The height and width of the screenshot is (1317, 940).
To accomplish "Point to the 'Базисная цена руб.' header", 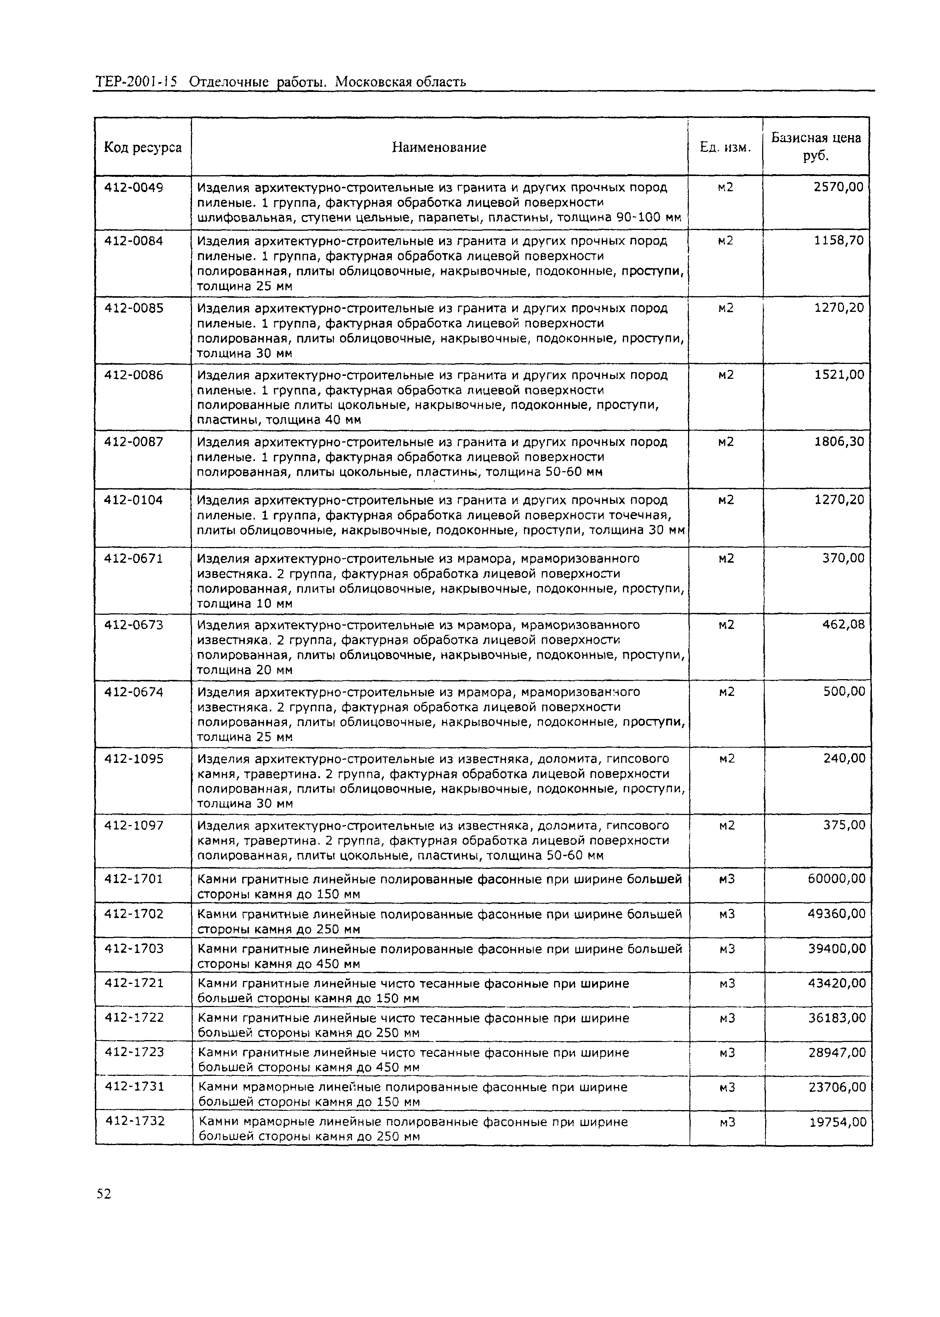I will click(816, 147).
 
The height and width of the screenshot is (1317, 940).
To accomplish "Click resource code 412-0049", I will click(134, 188).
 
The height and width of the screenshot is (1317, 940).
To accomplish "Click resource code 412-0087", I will click(134, 442).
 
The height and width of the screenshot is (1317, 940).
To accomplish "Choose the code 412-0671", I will click(134, 559).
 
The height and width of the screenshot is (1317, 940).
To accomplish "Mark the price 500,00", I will click(844, 692).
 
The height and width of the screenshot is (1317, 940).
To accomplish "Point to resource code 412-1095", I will click(134, 759).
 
